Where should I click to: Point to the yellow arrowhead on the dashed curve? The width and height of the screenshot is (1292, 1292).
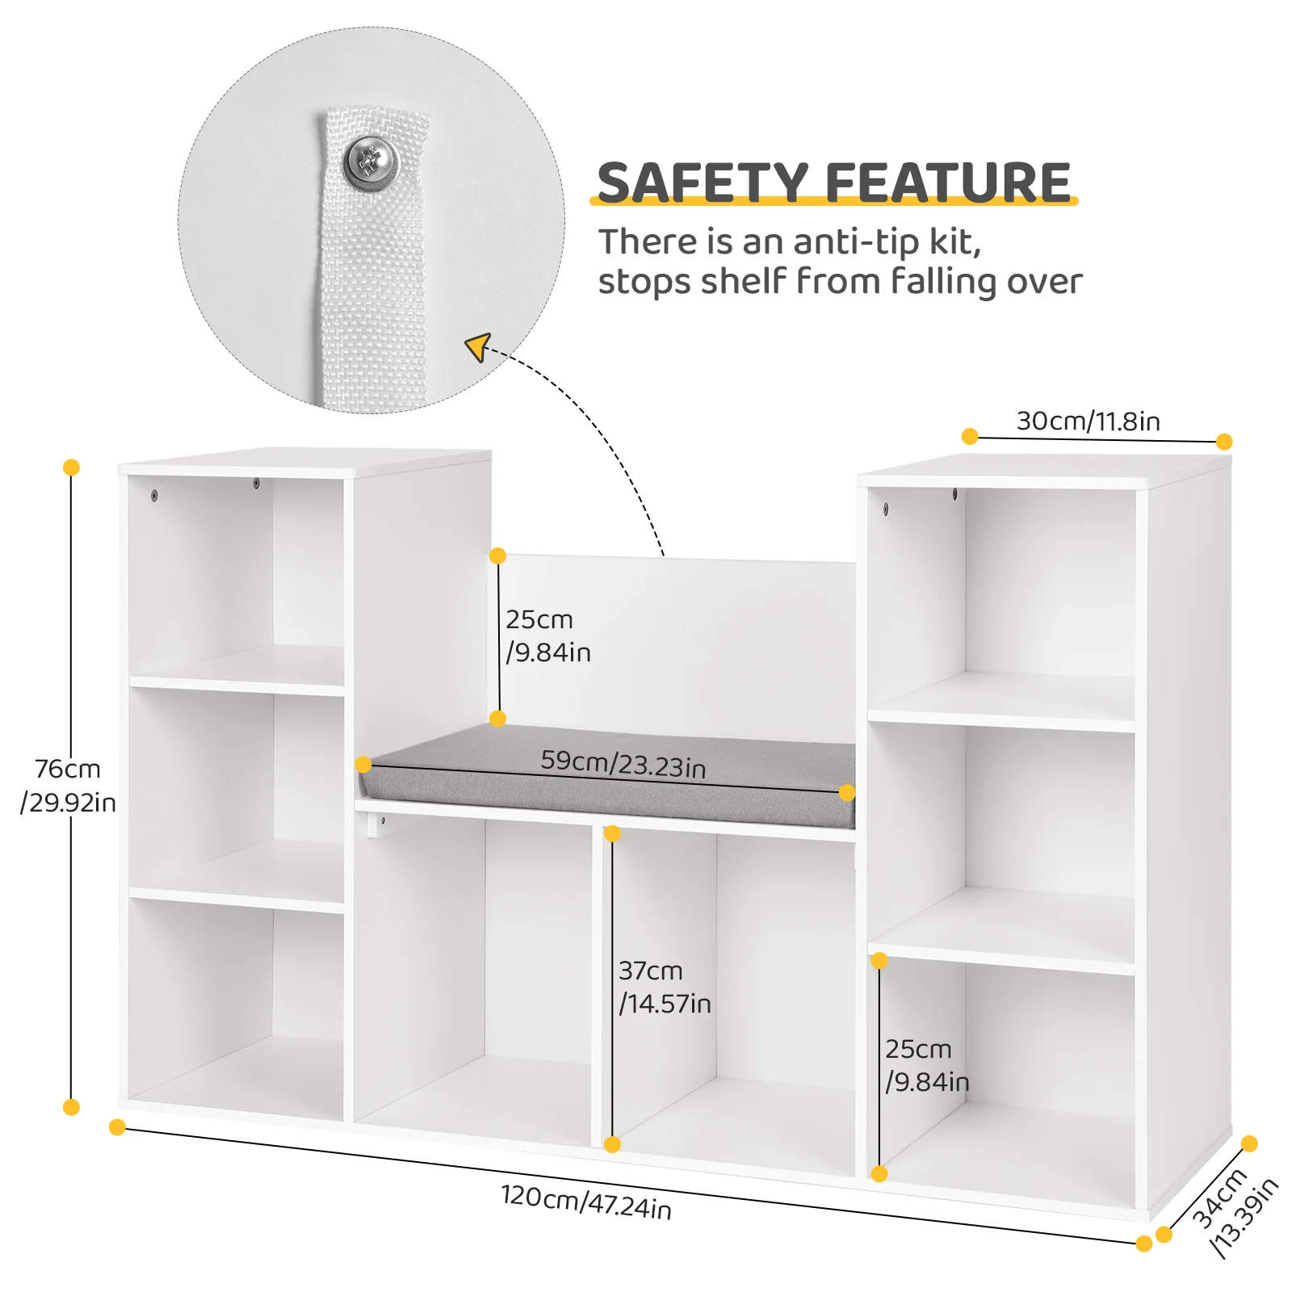click(x=478, y=347)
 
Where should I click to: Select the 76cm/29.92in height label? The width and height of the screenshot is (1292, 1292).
click(x=68, y=785)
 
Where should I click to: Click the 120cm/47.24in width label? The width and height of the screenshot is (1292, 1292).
click(x=586, y=1202)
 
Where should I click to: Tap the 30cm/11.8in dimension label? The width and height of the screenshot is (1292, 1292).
click(x=1088, y=421)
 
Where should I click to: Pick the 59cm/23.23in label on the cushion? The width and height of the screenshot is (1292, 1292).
click(x=623, y=764)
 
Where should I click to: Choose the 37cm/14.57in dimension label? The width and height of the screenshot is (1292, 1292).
click(x=665, y=986)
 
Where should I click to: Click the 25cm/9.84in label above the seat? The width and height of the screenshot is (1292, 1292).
click(x=548, y=636)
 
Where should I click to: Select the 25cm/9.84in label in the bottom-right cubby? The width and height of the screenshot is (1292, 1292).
click(x=927, y=1065)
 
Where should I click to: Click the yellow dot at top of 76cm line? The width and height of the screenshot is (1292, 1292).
click(x=71, y=468)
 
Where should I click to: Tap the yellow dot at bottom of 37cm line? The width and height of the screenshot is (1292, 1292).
click(x=612, y=1144)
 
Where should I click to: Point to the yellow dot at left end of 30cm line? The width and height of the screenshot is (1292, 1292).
click(x=970, y=437)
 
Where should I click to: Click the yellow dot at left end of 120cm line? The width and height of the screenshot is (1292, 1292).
click(x=117, y=1127)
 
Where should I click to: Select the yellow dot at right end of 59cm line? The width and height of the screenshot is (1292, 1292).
click(x=847, y=793)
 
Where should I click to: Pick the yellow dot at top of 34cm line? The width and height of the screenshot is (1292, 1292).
click(x=1249, y=1143)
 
